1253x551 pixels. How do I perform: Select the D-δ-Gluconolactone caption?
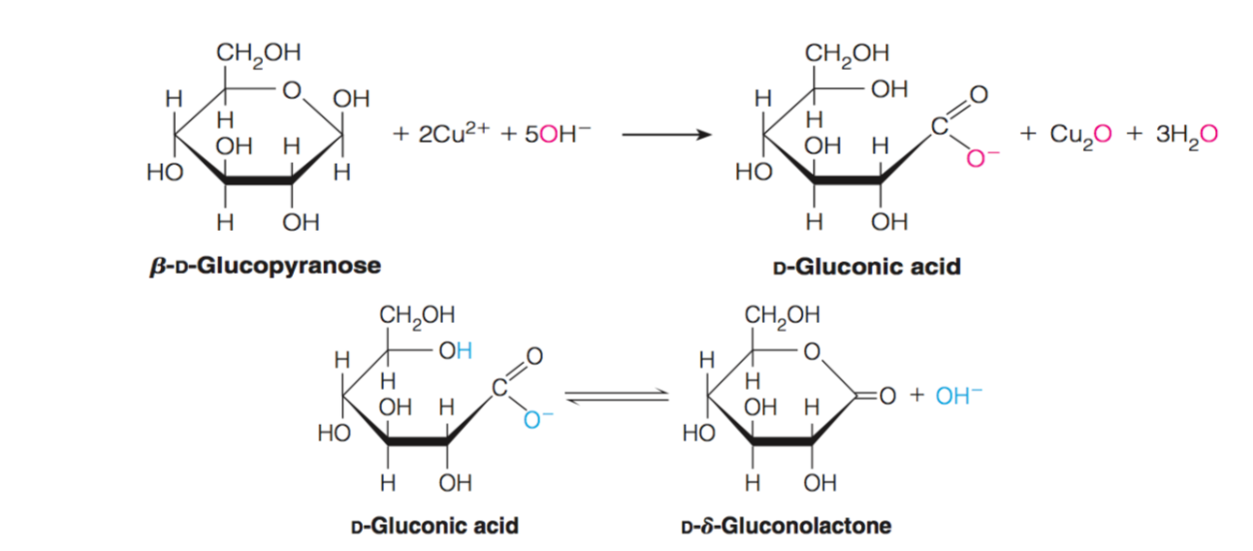point(787,527)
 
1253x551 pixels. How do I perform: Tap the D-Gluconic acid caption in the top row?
point(866,266)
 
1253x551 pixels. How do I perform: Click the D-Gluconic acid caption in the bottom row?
point(434,527)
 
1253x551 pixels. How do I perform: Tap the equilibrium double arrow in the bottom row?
point(617,395)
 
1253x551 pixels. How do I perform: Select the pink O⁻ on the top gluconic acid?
point(976,158)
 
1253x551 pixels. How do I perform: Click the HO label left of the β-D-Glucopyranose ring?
point(160,173)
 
